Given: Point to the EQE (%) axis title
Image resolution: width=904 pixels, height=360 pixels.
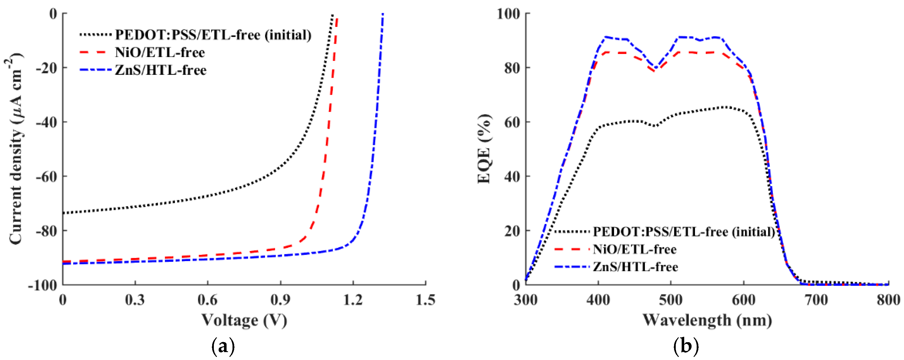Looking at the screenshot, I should pos(485,149).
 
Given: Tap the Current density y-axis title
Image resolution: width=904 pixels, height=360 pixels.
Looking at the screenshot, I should pos(15,149).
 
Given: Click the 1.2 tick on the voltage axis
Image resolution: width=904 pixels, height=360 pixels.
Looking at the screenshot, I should pos(353,300).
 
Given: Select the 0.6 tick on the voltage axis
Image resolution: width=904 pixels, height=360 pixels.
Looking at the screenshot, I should pos(207,300).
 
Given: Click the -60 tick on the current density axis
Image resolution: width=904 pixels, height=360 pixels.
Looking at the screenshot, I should pos(46,176).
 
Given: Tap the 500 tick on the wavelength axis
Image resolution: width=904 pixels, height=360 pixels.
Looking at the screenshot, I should pos(671,300).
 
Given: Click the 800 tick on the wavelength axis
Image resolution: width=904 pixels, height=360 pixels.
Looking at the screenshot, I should pos(888,300).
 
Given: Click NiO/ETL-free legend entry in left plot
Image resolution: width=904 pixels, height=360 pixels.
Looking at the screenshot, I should pos(160,53).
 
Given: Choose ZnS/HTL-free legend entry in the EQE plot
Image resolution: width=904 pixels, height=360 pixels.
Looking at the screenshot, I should pos(635,267).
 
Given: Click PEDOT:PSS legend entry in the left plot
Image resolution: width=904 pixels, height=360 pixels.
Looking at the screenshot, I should pos(213,35).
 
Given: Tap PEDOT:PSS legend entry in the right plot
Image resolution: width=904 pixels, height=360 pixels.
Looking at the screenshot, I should pos(684,232).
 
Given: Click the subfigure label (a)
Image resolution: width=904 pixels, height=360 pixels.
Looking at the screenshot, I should pos(223,347).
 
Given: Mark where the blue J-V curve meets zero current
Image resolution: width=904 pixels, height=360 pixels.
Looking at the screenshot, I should pos(383,14).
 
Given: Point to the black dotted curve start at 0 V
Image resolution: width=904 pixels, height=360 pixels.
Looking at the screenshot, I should pos(64,213).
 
